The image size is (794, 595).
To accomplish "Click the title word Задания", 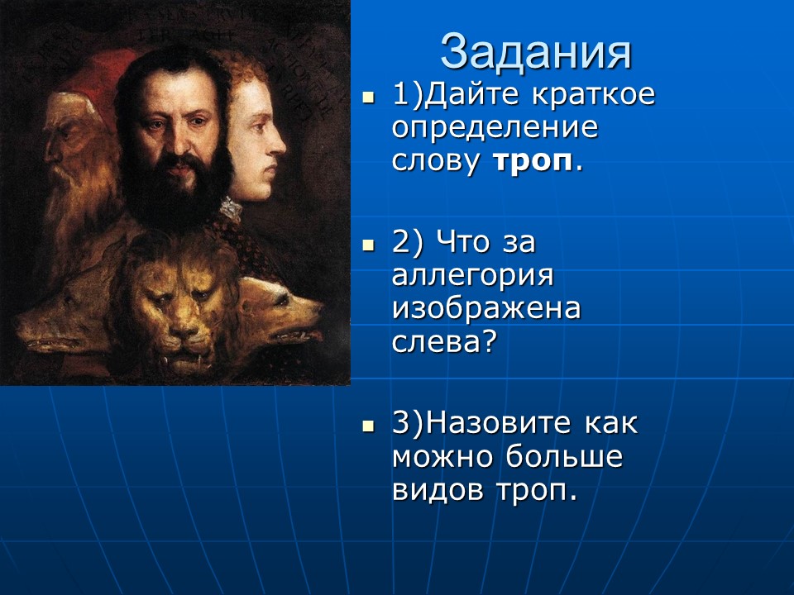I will click(536, 51).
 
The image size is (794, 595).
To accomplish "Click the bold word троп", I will click(533, 161).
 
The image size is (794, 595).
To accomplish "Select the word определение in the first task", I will click(494, 128).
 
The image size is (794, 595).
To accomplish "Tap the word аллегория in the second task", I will click(473, 275).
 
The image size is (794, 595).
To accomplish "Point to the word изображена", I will click(486, 308).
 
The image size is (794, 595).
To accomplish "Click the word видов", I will click(439, 489).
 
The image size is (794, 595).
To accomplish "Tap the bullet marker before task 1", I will click(369, 97).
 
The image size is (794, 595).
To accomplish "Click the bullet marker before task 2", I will click(369, 245).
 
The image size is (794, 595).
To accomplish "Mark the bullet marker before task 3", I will click(369, 426).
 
